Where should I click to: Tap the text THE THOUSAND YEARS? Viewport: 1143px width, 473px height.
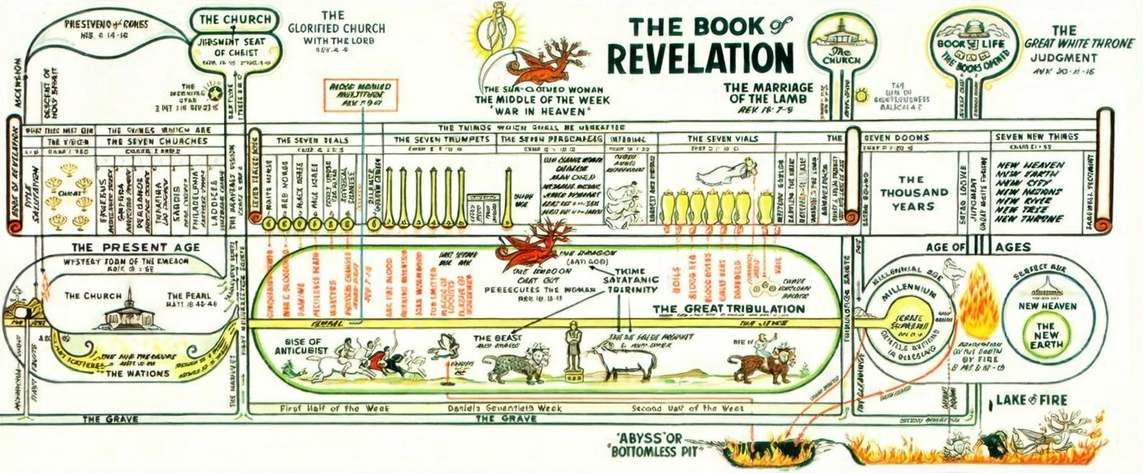[x=913, y=193]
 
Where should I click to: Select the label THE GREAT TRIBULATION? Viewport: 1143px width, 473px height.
[x=729, y=309]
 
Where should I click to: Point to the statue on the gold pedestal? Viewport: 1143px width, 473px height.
[x=575, y=353]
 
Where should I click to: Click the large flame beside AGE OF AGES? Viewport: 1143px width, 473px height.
[x=982, y=292]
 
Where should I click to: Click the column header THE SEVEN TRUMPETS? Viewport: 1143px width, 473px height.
[x=442, y=139]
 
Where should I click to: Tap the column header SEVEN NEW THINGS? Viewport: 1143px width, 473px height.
[x=1037, y=137]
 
